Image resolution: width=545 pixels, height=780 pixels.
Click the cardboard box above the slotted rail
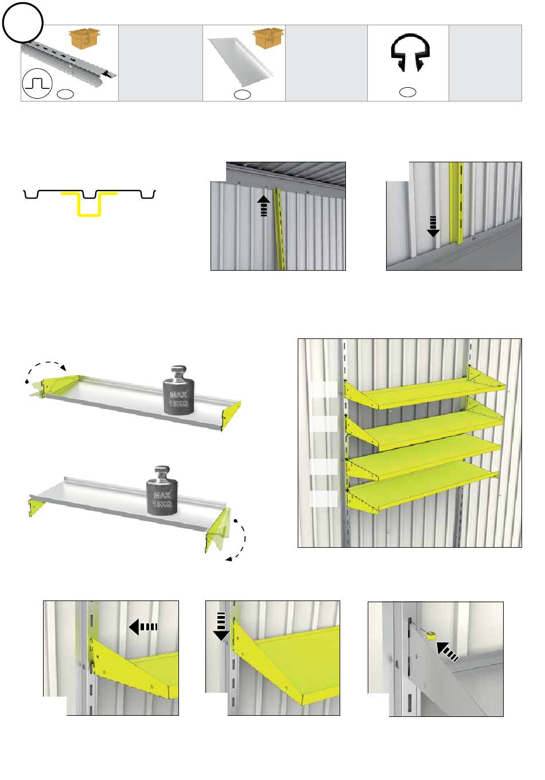click(x=84, y=38)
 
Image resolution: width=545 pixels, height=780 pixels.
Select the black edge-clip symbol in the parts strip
click(x=410, y=52)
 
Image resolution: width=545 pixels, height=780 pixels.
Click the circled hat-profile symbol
click(x=37, y=84)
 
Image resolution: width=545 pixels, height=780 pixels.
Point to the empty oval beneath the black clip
click(x=407, y=92)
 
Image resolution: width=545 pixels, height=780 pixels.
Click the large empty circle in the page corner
click(x=22, y=22)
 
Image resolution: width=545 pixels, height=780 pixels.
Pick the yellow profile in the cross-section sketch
click(x=89, y=204)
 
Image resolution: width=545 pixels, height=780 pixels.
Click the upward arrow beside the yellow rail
click(x=264, y=206)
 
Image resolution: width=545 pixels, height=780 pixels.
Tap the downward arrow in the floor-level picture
click(x=433, y=227)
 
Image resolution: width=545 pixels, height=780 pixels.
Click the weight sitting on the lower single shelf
click(x=162, y=490)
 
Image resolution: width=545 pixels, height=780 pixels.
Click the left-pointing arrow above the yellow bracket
click(x=143, y=627)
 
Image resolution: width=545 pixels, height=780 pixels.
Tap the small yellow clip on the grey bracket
click(x=431, y=635)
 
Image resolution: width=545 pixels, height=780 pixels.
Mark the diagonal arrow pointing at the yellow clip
click(x=447, y=652)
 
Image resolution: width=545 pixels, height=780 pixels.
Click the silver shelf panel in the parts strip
click(x=240, y=62)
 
